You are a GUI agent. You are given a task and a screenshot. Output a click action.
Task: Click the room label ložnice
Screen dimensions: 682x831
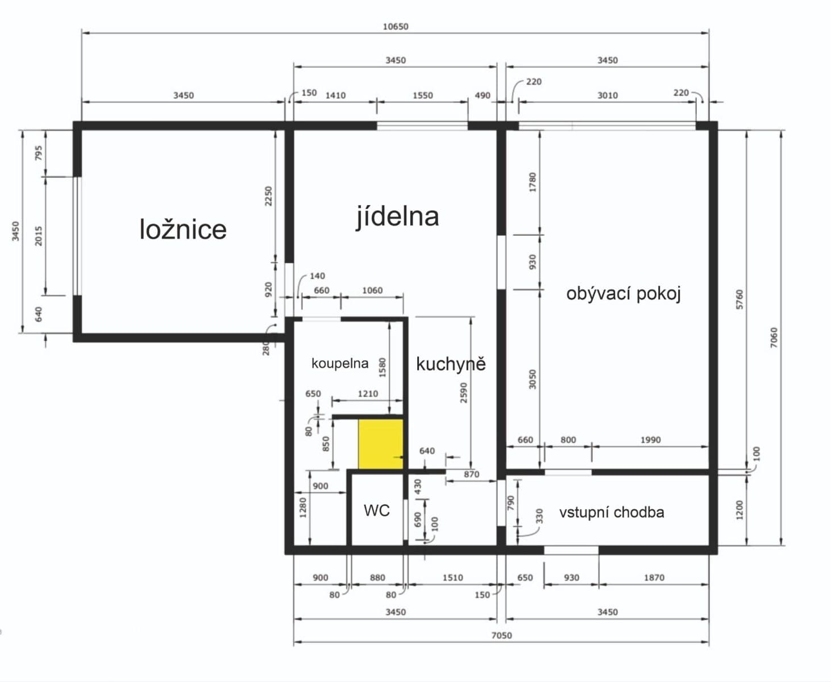(x=182, y=229)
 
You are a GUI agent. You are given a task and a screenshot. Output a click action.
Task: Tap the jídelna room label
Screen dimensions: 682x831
(x=397, y=217)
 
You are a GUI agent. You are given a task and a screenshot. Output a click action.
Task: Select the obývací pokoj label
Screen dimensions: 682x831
(x=623, y=293)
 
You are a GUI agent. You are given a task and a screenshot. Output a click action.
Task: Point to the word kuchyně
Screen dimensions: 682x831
(x=451, y=364)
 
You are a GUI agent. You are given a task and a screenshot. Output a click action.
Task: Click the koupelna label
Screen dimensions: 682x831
(x=339, y=363)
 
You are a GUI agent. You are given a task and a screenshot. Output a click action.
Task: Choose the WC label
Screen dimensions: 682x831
(x=376, y=510)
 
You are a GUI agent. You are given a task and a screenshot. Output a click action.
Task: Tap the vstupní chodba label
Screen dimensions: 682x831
(x=611, y=512)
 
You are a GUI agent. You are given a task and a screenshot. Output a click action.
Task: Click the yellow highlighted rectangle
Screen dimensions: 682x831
(x=380, y=444)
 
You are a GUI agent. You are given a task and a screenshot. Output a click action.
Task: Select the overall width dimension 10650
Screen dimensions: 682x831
(x=395, y=26)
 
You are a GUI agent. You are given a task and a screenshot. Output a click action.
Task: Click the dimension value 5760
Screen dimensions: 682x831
(x=739, y=300)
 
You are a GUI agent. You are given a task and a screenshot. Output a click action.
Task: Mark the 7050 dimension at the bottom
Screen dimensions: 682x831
(x=501, y=635)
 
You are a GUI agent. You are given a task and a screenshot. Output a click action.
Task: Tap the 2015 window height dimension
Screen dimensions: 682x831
(x=39, y=235)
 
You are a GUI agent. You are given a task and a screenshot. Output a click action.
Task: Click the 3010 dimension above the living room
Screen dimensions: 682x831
(x=607, y=95)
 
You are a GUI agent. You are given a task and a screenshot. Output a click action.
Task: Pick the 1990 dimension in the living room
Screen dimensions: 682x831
(x=650, y=439)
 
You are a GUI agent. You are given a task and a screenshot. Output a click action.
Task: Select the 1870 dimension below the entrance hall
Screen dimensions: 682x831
(x=654, y=577)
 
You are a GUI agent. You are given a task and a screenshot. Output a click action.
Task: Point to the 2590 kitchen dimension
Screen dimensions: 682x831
(x=463, y=393)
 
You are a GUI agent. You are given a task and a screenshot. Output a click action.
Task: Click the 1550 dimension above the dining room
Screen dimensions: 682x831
(x=422, y=95)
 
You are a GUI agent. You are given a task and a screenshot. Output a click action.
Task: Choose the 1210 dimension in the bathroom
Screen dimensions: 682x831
(x=368, y=393)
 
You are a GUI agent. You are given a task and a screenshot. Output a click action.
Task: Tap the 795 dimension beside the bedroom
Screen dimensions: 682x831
(x=39, y=153)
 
